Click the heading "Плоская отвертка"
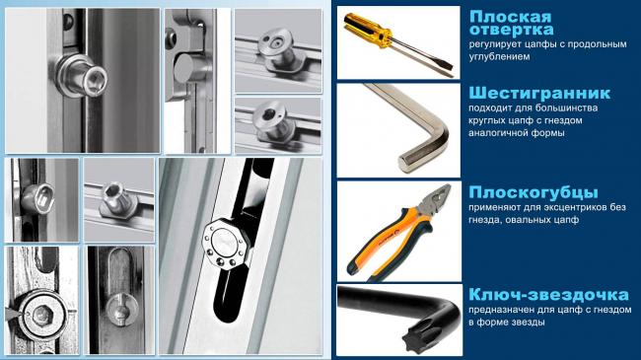pyautogui.click(x=511, y=23)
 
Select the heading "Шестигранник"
pyautogui.click(x=539, y=94)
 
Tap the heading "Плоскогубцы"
pyautogui.click(x=534, y=192)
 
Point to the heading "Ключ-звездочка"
pyautogui.click(x=548, y=295)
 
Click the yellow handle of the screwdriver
pyautogui.click(x=367, y=30)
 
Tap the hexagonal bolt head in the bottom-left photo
pyautogui.click(x=41, y=315)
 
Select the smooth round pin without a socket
pyautogui.click(x=186, y=68)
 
